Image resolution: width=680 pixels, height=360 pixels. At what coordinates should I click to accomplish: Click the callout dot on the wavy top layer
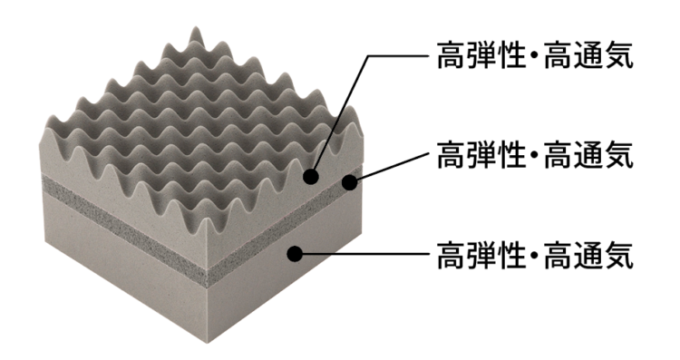click(311, 176)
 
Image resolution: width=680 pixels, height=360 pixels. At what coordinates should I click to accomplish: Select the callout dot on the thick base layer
click(294, 253)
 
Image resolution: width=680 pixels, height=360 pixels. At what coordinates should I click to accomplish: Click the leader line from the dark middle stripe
click(390, 168)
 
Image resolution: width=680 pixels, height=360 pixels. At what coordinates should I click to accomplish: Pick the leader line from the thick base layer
click(363, 253)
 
